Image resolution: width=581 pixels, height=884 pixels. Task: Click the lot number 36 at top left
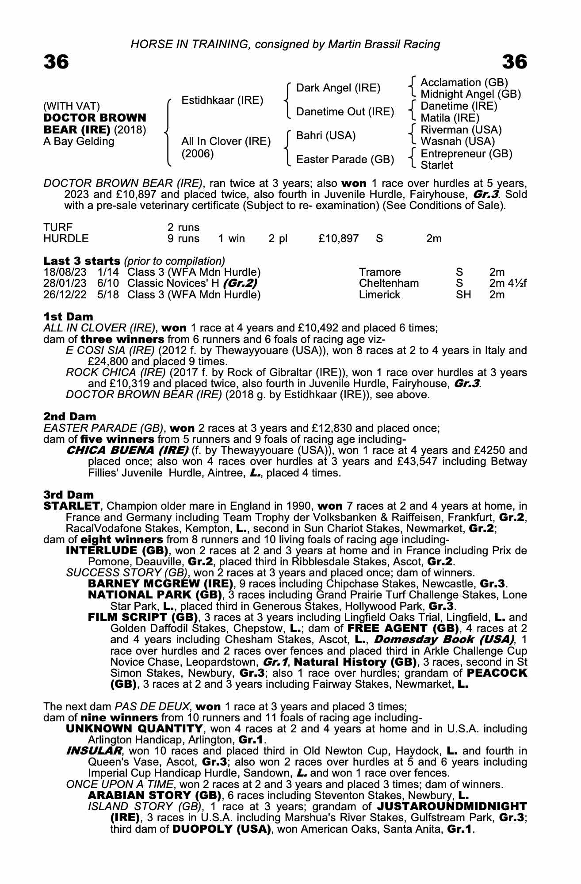coord(56,62)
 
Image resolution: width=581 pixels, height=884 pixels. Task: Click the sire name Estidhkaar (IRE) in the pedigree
coord(222,100)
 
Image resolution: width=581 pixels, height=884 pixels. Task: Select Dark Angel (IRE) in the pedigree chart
coord(338,88)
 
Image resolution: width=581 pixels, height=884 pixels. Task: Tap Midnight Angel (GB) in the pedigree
coord(470,94)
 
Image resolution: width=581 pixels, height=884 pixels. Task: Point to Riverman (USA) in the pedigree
coord(461,130)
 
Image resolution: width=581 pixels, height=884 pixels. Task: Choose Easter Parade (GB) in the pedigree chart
coord(345,159)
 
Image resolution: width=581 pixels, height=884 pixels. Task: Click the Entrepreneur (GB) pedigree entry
coord(466,154)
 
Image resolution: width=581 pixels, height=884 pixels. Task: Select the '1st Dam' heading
coord(68,316)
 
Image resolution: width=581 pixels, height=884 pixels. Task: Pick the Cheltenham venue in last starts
coord(389,283)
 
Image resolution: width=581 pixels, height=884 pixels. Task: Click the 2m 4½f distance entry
coord(508,283)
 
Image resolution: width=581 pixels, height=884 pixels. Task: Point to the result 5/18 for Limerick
coord(108,295)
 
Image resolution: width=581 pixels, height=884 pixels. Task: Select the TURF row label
coord(57,228)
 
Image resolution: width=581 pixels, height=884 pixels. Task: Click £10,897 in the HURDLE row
coord(338,239)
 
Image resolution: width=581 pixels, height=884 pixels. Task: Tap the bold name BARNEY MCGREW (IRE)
coord(161,584)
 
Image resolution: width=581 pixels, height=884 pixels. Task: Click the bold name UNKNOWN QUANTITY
coord(134,728)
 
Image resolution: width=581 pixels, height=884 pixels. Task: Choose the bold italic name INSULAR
coord(94,751)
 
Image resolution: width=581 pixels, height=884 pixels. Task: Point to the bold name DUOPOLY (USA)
coord(221,829)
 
